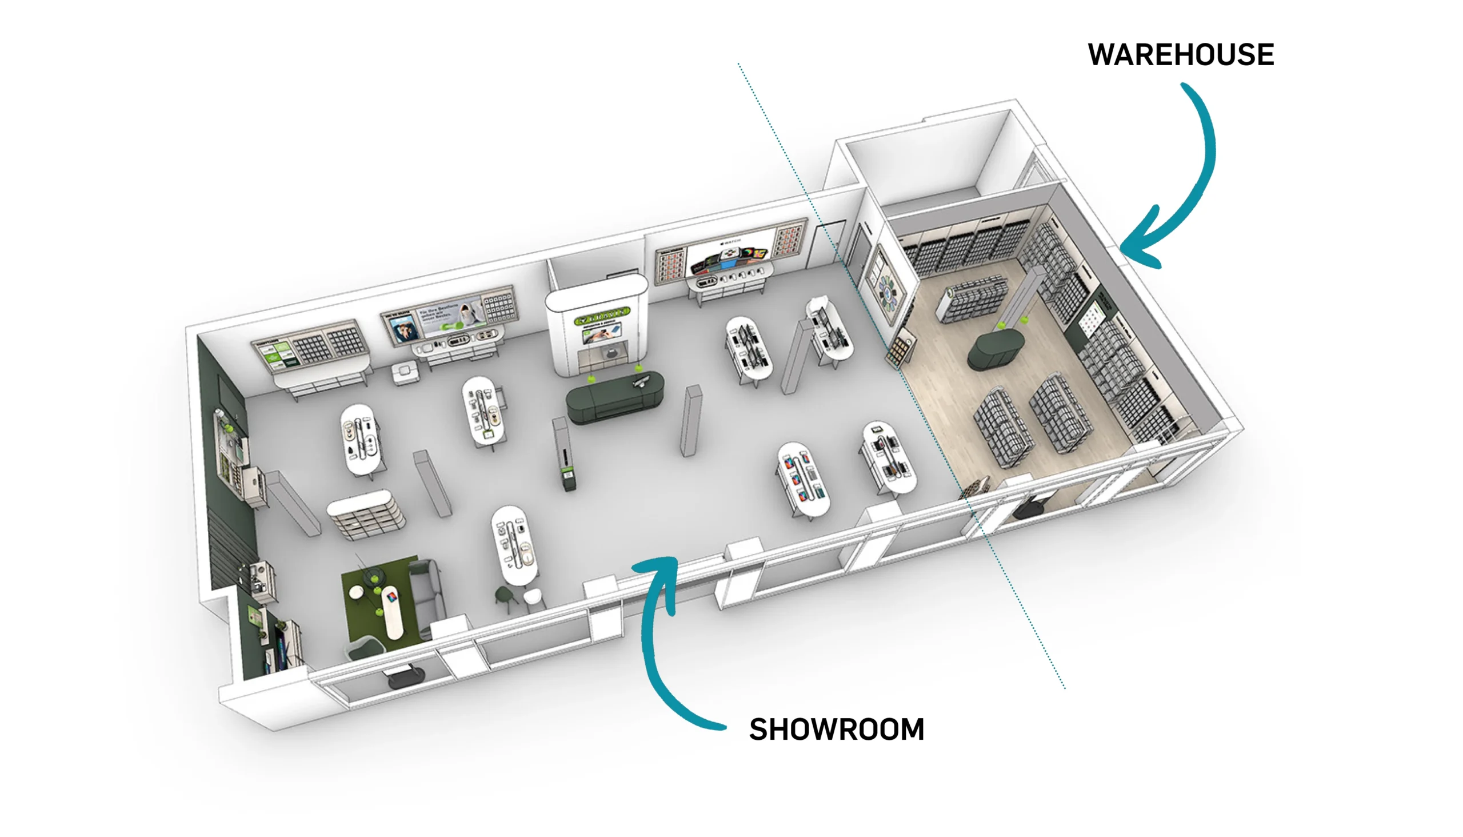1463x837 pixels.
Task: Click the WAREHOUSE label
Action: tap(1180, 55)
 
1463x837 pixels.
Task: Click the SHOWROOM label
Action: tap(837, 730)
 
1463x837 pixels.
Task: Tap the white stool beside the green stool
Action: tap(533, 598)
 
